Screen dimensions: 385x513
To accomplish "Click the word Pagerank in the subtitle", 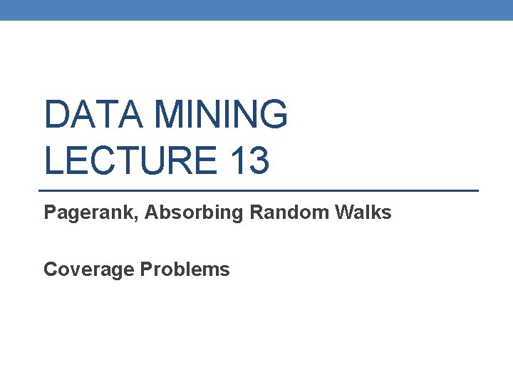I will pos(89,212).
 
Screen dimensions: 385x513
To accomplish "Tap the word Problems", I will pos(185,269).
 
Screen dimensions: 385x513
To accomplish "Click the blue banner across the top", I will pos(256,10).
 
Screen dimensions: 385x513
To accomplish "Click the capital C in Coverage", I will pos(51,269).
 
